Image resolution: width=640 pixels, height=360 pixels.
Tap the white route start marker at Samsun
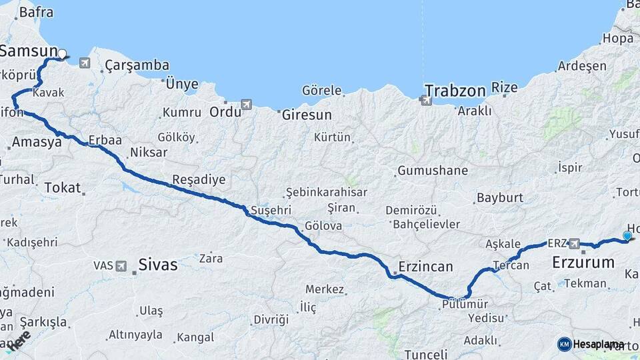(62, 54)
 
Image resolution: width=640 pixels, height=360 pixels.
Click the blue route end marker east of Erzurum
(627, 235)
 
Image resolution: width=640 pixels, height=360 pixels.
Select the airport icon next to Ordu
(247, 105)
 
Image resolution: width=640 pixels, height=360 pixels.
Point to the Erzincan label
(425, 267)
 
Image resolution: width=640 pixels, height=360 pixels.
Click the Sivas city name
(158, 265)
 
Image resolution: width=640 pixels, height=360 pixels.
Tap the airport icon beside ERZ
(574, 244)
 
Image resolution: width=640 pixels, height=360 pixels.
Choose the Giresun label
(307, 115)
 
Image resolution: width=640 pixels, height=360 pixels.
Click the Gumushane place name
(433, 171)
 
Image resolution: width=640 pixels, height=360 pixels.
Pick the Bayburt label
(499, 198)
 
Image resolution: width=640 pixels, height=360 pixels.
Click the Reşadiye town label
(199, 179)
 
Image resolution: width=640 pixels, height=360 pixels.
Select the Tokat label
(62, 188)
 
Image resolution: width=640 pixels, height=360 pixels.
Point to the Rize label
(504, 87)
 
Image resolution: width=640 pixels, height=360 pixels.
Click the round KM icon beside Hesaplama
(564, 344)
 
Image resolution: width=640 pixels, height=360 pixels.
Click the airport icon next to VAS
(121, 265)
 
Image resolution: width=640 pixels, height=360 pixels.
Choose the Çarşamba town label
(137, 65)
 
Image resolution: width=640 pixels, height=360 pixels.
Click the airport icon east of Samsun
(85, 63)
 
